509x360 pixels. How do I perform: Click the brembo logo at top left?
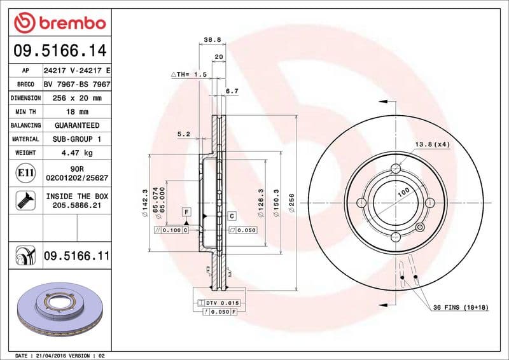click(x=59, y=24)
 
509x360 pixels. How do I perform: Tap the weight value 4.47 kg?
click(x=77, y=153)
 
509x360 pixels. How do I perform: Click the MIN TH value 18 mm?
click(x=77, y=112)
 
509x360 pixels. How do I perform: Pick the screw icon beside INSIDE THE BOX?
click(x=21, y=201)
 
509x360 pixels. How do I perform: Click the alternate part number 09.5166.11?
click(x=76, y=256)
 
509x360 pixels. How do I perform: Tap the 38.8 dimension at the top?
click(x=212, y=39)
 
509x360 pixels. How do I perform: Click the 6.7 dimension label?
click(x=232, y=91)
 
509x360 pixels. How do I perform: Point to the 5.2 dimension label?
click(x=184, y=134)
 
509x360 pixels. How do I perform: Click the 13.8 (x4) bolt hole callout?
click(x=432, y=144)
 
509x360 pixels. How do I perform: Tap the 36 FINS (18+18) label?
click(x=460, y=308)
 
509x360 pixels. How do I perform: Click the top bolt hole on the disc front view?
click(x=395, y=169)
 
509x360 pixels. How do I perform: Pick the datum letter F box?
click(x=186, y=211)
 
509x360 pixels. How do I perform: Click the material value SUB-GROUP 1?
click(x=77, y=139)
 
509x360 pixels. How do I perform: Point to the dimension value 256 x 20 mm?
click(x=77, y=98)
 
